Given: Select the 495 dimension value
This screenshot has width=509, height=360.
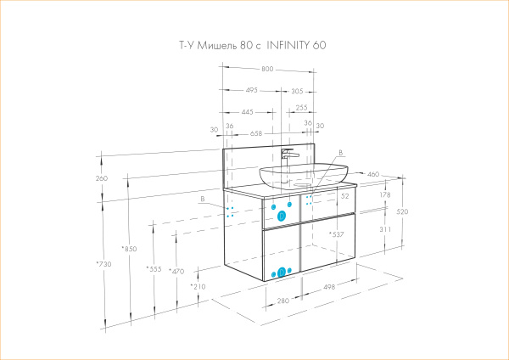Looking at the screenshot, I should coord(252,89).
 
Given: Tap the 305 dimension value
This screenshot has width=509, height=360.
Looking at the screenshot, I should coord(297,89).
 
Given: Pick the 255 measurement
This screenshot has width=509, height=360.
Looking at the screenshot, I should coord(301,109).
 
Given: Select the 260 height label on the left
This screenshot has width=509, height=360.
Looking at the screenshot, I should coord(103,178).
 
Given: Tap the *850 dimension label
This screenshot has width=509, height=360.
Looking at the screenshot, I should coord(129,249).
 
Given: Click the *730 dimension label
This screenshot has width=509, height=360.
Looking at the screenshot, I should coord(103,265).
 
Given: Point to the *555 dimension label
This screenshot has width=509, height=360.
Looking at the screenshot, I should coord(153,269).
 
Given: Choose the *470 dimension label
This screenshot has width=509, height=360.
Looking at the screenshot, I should coord(176,272).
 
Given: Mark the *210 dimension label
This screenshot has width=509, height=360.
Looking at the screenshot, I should coord(198,287).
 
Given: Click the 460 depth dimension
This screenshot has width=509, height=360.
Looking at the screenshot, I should coord(372,174).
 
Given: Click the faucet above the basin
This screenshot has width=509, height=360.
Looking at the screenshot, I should coord(288,157).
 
